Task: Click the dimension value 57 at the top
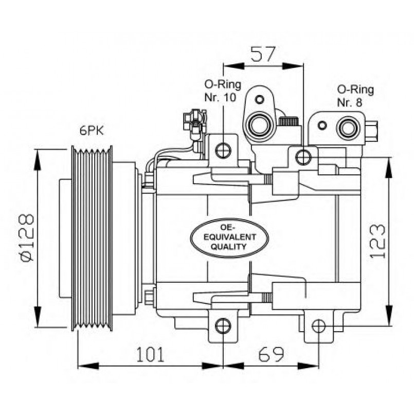[x=263, y=53]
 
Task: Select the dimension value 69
[x=272, y=354]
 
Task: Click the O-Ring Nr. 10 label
[x=223, y=91]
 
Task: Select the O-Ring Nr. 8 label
[x=355, y=96]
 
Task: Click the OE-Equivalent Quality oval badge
[x=223, y=237]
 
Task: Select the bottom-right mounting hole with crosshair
[x=318, y=326]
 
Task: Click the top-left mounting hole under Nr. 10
[x=223, y=151]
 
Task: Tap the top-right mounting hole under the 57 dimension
[x=304, y=156]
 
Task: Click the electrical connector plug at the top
[x=195, y=123]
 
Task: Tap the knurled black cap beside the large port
[x=289, y=121]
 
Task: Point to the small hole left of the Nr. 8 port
[x=322, y=125]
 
